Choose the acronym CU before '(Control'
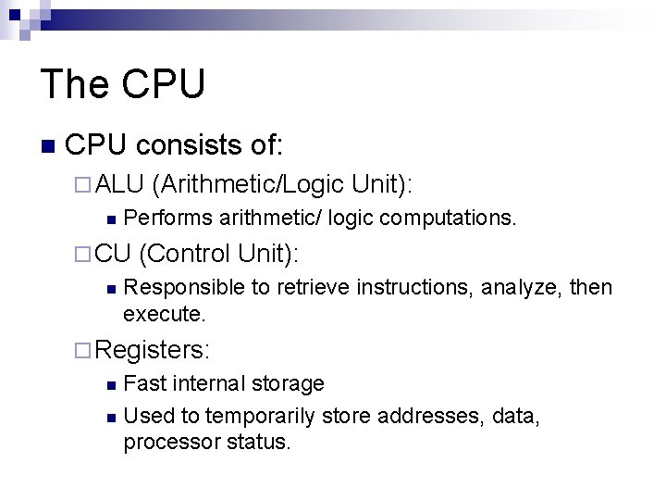[x=113, y=253]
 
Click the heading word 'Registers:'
[x=153, y=349]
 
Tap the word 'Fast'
[x=142, y=383]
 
